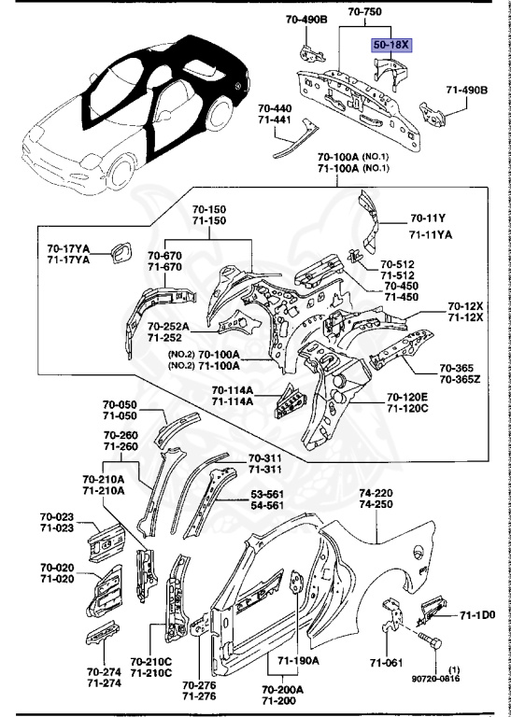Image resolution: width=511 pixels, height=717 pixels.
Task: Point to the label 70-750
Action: (x=365, y=13)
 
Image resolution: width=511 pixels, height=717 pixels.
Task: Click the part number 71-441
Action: (x=275, y=120)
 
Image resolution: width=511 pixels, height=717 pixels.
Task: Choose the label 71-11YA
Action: (x=431, y=233)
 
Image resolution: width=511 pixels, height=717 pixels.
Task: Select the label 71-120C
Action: (x=407, y=409)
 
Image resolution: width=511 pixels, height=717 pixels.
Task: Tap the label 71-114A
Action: (x=233, y=401)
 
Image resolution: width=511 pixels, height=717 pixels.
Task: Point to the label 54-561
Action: (x=269, y=505)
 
